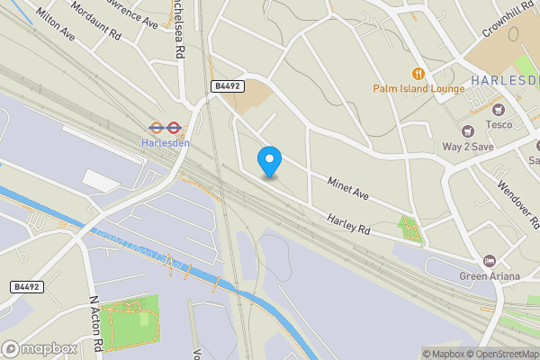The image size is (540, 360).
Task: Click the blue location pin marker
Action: point(269,160)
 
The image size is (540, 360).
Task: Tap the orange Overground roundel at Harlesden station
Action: point(155,127)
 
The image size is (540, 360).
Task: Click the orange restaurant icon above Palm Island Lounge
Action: point(418,73)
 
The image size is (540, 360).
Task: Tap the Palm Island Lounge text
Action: point(418,88)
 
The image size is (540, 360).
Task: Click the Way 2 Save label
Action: point(467,146)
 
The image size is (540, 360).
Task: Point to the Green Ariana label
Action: point(490,276)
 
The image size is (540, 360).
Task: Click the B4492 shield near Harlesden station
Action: point(228,85)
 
